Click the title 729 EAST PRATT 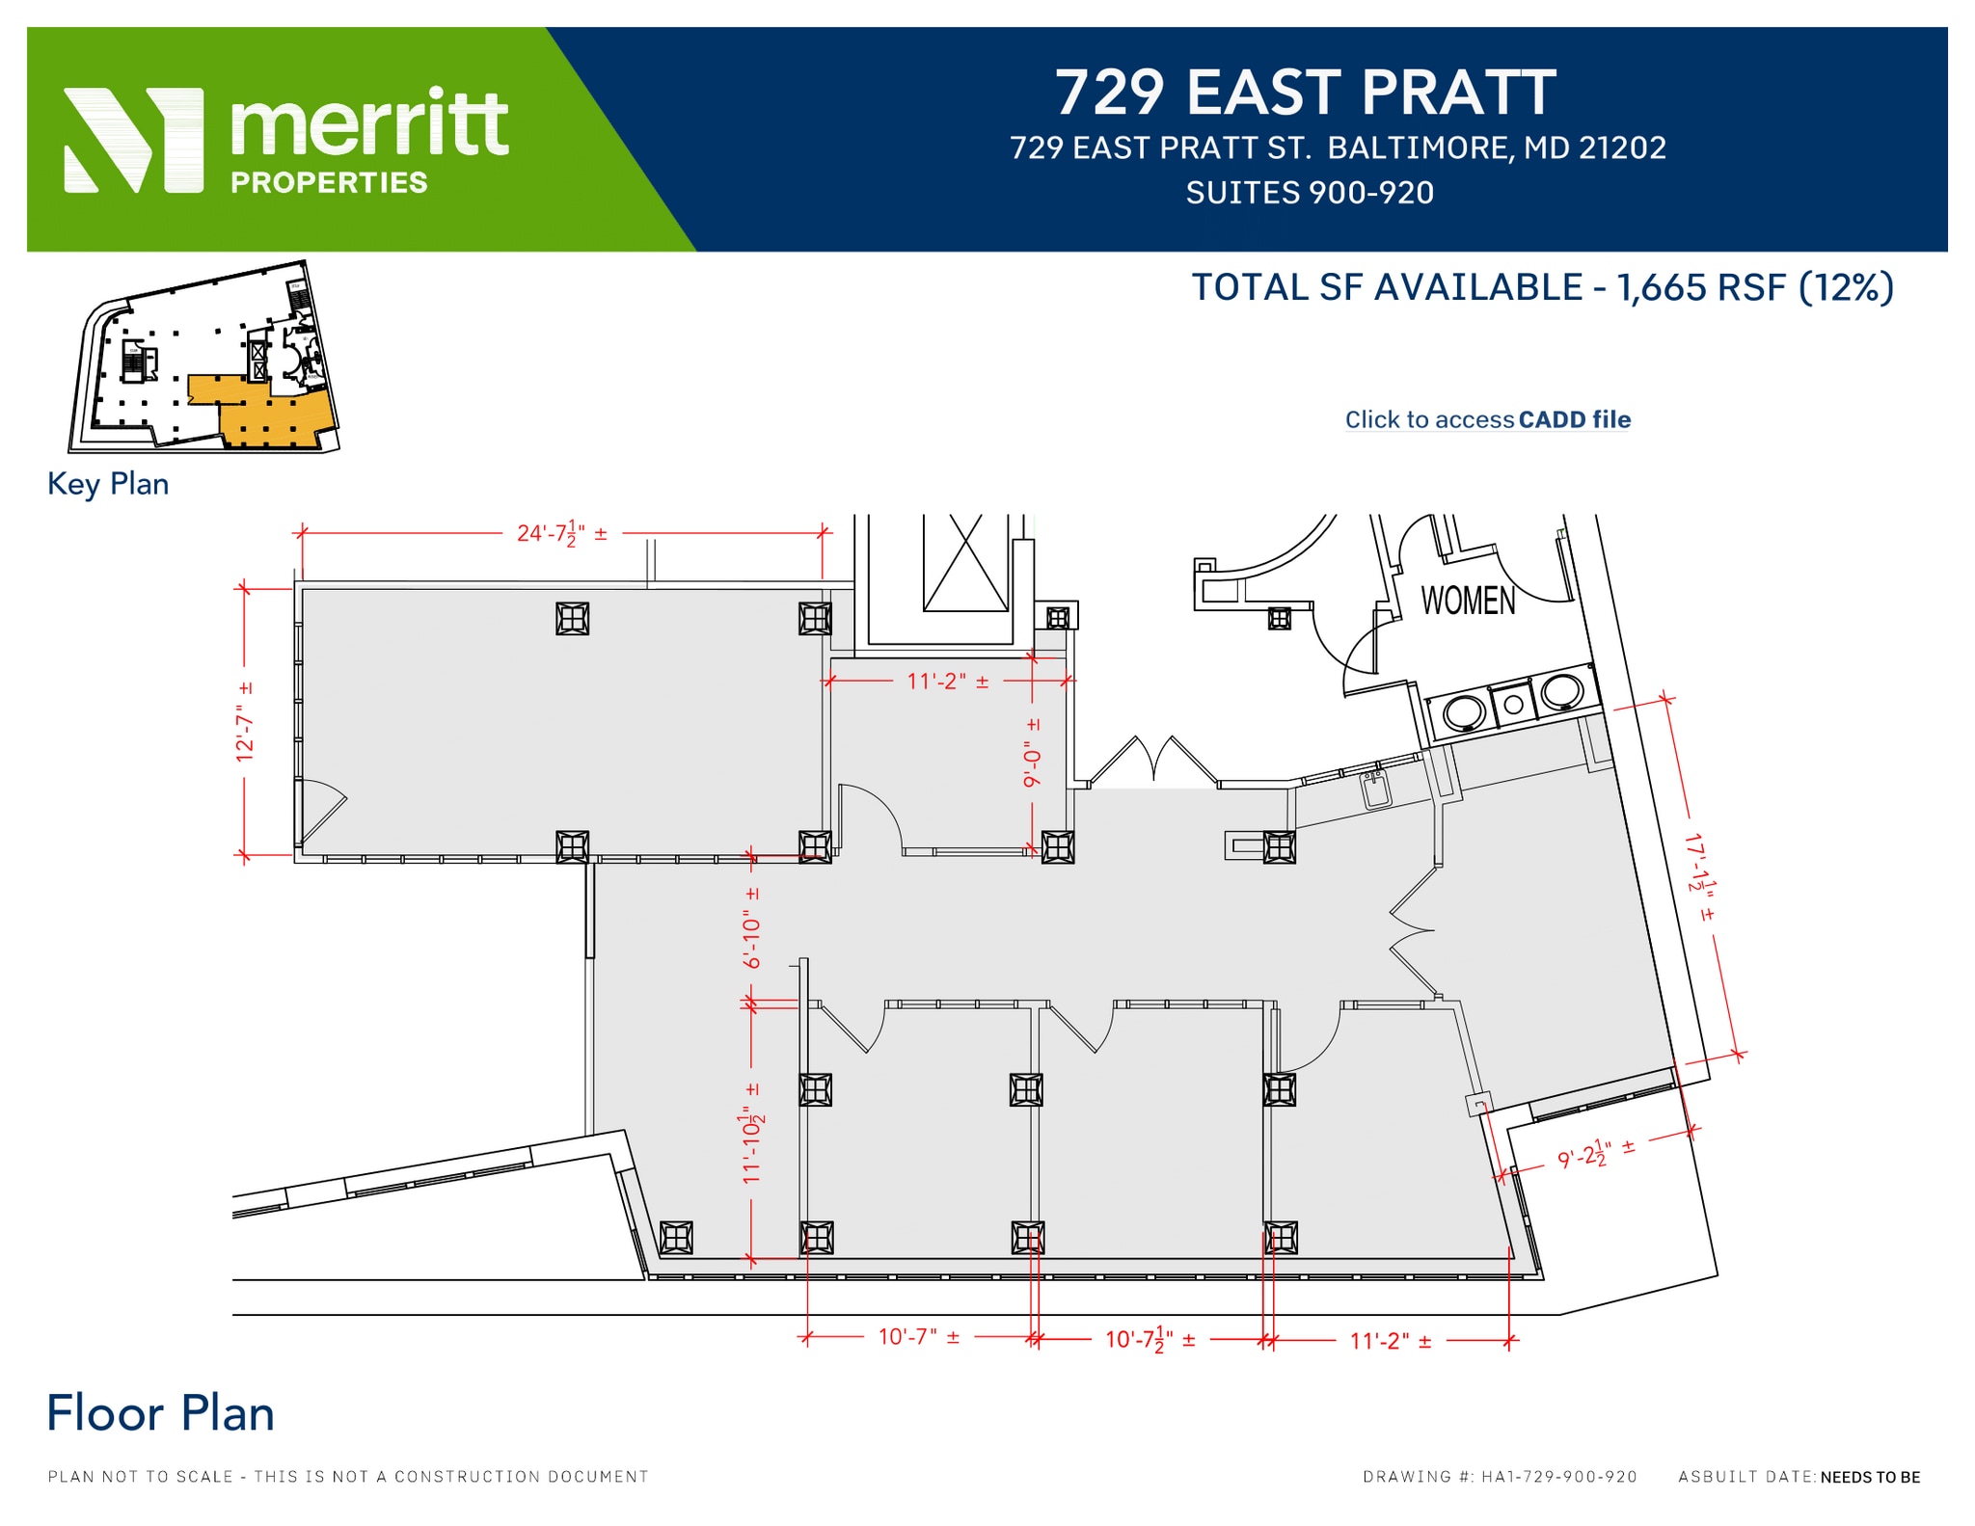point(1305,93)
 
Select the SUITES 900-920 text point(1310,193)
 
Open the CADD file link point(1487,419)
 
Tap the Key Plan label point(108,484)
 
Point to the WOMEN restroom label point(1468,601)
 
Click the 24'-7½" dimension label point(561,533)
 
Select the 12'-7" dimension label point(245,721)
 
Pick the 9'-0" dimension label point(1033,753)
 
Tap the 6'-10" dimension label point(751,927)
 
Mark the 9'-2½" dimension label point(1595,1153)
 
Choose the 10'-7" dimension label point(918,1337)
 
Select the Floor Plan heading point(161,1413)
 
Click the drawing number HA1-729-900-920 point(1558,1477)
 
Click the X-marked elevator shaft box point(965,563)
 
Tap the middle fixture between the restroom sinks point(1513,705)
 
